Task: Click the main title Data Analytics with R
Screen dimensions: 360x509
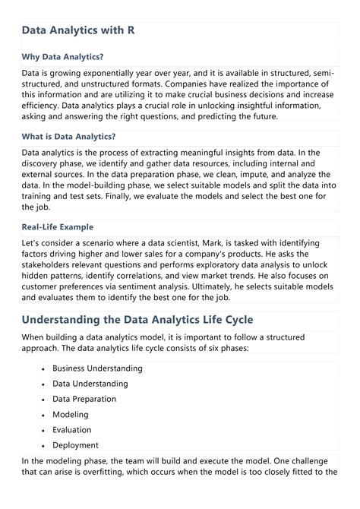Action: coord(78,31)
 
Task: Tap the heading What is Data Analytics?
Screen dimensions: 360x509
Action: coord(68,137)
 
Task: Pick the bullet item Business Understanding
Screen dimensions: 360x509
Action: coord(97,368)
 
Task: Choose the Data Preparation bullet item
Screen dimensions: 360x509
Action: coord(84,399)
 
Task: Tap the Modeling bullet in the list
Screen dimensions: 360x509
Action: coord(71,415)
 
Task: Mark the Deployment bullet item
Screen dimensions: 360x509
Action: coord(76,445)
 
